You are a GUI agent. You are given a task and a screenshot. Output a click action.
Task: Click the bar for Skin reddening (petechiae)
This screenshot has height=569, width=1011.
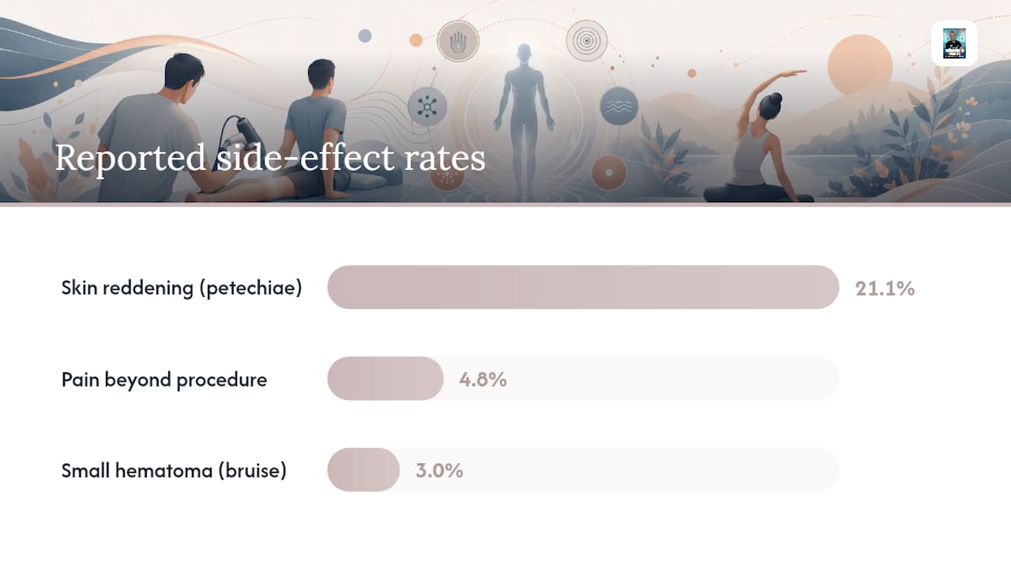pos(583,287)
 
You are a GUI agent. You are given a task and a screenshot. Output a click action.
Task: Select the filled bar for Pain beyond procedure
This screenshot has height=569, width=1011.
pos(385,379)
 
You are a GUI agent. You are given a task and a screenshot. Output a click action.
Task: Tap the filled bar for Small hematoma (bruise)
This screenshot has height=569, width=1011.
pos(363,469)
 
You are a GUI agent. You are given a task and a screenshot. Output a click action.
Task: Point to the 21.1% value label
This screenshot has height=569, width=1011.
pos(885,288)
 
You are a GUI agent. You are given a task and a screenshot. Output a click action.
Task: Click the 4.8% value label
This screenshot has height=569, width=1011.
pos(483,379)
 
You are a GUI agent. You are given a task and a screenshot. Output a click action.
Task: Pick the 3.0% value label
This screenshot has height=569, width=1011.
pos(439,470)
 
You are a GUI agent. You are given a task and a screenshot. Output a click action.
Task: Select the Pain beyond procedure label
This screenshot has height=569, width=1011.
pos(164,379)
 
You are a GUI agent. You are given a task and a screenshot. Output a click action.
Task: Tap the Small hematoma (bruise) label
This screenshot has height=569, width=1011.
pos(174,470)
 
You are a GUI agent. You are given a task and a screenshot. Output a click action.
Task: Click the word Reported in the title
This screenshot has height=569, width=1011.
pos(130,157)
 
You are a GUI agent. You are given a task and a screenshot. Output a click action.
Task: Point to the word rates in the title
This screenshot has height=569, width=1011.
pos(445,159)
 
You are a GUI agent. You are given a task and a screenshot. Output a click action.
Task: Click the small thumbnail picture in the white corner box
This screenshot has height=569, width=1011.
pos(954,43)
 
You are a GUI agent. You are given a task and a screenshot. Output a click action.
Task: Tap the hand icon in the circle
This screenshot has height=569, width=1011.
pos(458,42)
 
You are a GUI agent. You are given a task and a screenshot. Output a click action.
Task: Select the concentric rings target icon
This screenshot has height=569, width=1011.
pos(587,40)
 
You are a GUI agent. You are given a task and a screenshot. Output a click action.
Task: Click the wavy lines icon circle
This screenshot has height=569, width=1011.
pos(618,106)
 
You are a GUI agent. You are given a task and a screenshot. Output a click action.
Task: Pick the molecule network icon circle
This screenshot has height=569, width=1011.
pos(427,107)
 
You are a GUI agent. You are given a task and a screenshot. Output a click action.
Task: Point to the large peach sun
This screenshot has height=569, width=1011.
pos(860,66)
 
